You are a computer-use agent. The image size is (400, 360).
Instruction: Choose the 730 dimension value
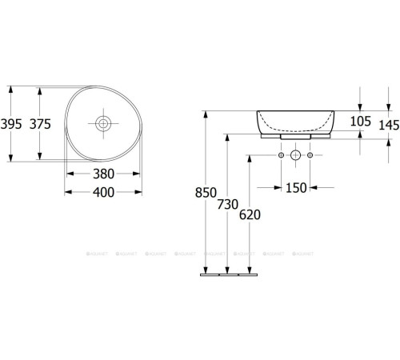[x=229, y=204]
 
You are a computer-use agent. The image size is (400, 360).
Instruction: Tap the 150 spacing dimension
[x=295, y=188]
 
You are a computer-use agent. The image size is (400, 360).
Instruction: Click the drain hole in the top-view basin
[x=104, y=123]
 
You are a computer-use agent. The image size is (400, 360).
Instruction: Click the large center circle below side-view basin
[x=295, y=155]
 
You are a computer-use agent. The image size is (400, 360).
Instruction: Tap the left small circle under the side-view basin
[x=282, y=155]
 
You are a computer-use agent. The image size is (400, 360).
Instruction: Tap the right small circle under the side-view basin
[x=309, y=155]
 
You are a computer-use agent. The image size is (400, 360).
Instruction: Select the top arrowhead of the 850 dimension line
[x=206, y=113]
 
